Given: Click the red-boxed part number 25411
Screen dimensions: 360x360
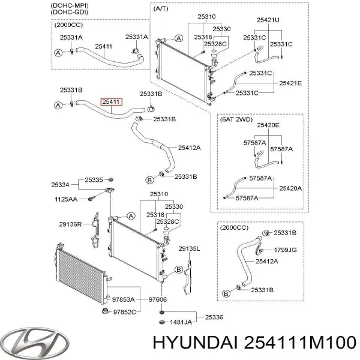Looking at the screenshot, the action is tap(112, 102).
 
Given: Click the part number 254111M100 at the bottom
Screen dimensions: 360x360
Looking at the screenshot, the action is tap(301, 343).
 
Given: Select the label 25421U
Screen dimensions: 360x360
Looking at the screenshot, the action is tap(268, 20).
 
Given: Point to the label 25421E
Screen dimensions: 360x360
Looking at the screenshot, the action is tap(290, 83).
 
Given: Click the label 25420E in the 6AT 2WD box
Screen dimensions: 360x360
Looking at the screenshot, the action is tap(268, 125).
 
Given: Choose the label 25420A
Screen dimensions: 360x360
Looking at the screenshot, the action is tap(290, 188).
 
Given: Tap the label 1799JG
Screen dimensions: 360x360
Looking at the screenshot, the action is tap(285, 250).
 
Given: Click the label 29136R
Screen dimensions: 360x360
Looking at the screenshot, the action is tap(70, 224).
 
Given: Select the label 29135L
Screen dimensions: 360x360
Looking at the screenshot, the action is tap(189, 248).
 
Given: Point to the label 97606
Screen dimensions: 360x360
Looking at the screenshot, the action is tap(158, 299).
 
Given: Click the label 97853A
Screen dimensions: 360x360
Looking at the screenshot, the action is tap(123, 299).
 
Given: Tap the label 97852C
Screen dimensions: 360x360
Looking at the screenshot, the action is tap(125, 312).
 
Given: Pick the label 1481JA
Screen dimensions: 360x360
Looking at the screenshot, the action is tap(181, 322).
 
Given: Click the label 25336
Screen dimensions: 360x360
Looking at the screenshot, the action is tap(214, 317).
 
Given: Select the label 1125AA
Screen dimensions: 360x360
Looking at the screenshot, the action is tap(66, 199).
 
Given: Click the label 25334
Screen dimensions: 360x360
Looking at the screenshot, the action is tap(60, 185).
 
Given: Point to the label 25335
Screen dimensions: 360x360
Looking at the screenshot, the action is tap(94, 180).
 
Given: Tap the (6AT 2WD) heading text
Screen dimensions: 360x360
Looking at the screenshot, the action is tap(236, 119).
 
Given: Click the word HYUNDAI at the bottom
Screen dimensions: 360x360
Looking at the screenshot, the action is tap(194, 343).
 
